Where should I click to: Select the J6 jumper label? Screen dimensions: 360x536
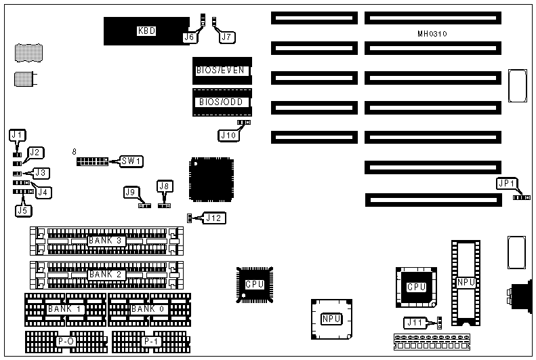pos(190,38)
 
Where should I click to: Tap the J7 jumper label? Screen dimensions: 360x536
pos(227,38)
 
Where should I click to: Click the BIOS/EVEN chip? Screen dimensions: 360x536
pos(221,71)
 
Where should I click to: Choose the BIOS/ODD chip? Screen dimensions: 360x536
pos(221,102)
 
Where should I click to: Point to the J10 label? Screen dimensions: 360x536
pos(228,135)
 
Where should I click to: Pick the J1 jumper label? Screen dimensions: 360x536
pos(17,135)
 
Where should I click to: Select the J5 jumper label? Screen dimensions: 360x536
pos(22,209)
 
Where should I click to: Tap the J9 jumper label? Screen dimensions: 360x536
pos(131,193)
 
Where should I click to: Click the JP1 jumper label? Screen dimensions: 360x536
pos(506,184)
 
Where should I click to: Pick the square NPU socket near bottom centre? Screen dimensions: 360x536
pos(331,319)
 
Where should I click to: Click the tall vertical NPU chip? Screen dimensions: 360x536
pos(466,282)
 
